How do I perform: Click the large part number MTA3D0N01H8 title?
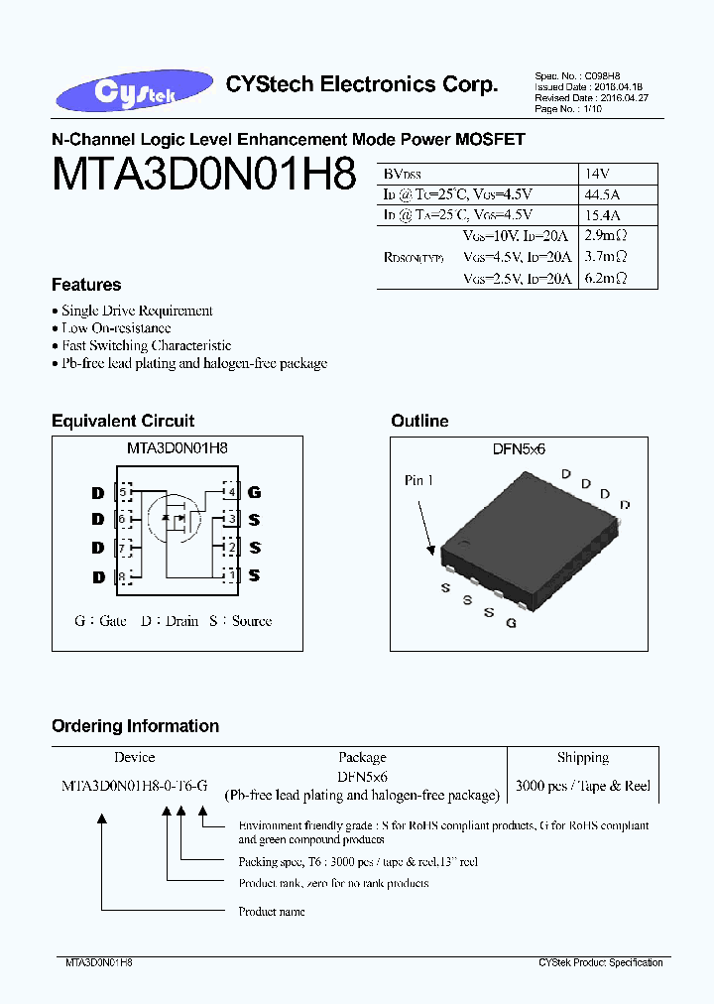point(203,177)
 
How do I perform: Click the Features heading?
point(86,285)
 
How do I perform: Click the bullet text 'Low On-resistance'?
point(116,328)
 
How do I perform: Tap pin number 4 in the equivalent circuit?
point(231,492)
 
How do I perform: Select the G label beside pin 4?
point(255,492)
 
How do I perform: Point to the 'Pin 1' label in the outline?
point(418,481)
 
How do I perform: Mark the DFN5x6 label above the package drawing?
point(520,448)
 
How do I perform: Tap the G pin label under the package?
point(511,623)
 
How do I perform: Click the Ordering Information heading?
point(135,726)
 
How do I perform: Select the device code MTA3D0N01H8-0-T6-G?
point(135,786)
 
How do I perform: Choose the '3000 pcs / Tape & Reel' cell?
point(583,786)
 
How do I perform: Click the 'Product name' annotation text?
point(272,911)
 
